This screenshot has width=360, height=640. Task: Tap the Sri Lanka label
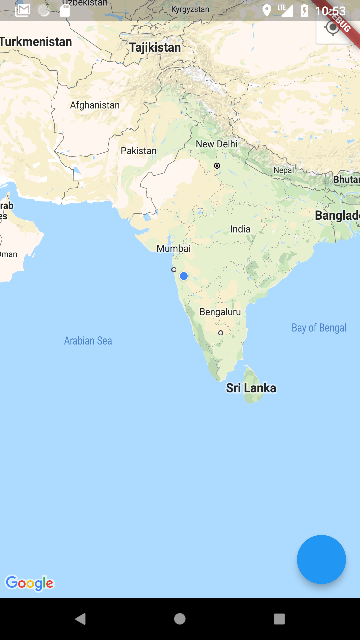(x=251, y=388)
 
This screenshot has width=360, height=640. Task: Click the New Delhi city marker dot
(x=217, y=166)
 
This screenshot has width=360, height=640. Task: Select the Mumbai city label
(x=174, y=248)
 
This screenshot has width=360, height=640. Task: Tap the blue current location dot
(x=184, y=276)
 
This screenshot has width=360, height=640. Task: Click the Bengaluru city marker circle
(x=220, y=333)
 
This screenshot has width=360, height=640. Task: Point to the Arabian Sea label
(x=88, y=341)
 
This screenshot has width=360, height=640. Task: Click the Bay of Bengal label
(x=319, y=328)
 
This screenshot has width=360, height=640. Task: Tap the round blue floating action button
(x=321, y=559)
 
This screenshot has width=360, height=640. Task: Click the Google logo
(x=30, y=583)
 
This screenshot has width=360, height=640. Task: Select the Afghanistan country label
(x=95, y=105)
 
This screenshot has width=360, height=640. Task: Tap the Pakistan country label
(x=139, y=151)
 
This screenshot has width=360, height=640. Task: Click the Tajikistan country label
(x=155, y=47)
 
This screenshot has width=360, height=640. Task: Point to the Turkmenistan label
(x=36, y=42)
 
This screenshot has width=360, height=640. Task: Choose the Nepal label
(x=284, y=170)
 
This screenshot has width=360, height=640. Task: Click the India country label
(x=240, y=229)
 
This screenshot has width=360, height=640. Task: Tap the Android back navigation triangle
(x=81, y=619)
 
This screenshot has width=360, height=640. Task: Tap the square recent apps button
(x=279, y=619)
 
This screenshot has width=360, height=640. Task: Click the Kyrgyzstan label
(x=190, y=9)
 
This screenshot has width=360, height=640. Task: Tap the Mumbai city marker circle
(x=174, y=269)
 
